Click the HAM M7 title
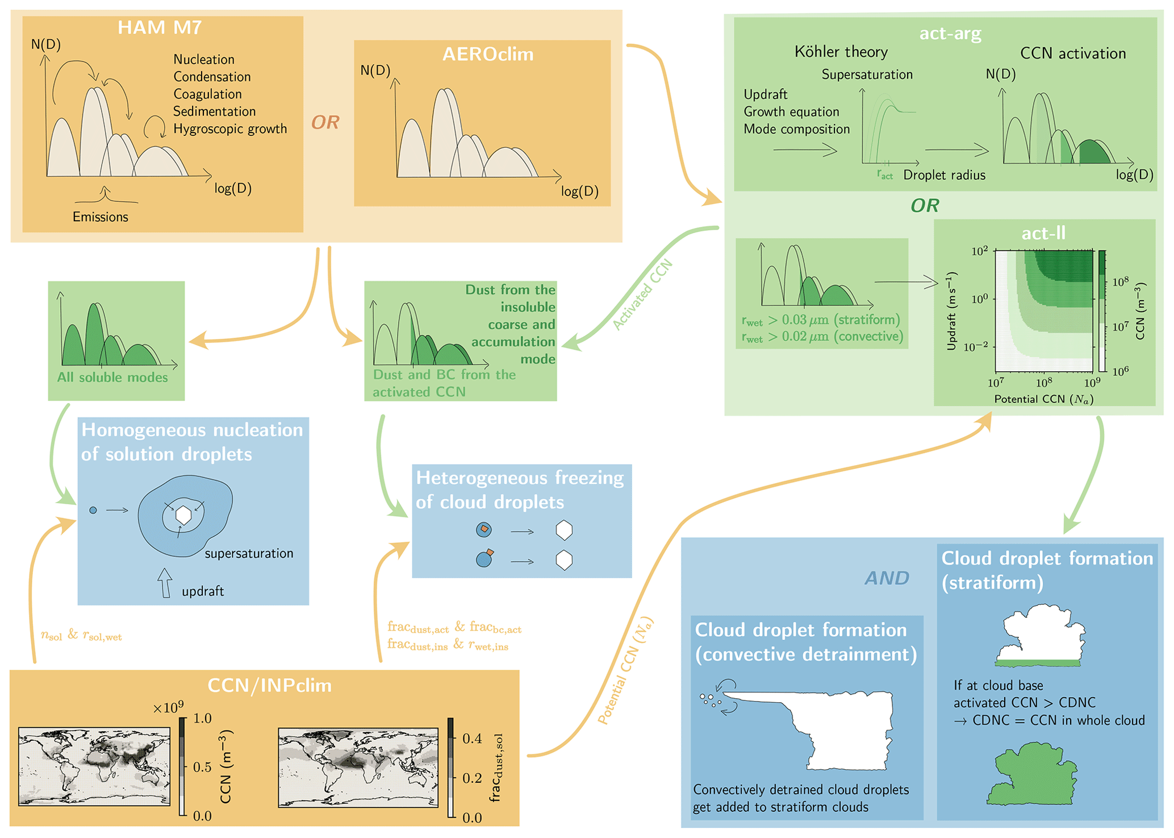(160, 27)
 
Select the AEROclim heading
(487, 54)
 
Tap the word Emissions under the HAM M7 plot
(101, 217)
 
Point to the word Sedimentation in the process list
(214, 111)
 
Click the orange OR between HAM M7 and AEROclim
(325, 122)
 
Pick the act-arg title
(950, 34)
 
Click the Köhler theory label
(841, 52)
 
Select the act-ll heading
(1043, 233)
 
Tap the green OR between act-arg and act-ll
(925, 205)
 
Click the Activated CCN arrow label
(642, 295)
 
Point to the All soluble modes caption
(112, 377)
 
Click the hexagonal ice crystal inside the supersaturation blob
(183, 515)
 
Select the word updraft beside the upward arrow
(203, 591)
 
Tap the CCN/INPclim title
(269, 685)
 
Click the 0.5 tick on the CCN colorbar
(202, 767)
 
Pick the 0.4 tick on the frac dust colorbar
(472, 739)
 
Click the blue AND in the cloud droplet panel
(887, 578)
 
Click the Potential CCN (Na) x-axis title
(1043, 399)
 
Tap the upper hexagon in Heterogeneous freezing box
(563, 530)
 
